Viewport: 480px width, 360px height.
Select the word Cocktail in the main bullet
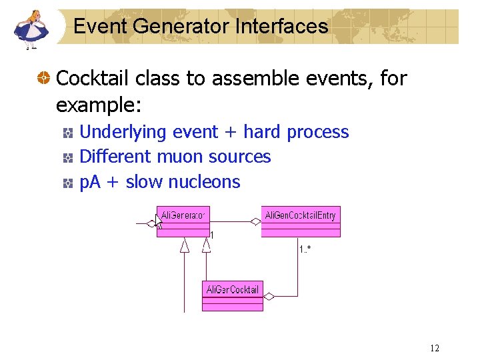93,79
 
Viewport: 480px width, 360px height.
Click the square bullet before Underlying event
68,133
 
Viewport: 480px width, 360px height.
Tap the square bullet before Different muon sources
68,157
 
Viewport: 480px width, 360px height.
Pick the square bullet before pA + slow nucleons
68,183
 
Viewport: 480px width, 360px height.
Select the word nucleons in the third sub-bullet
204,182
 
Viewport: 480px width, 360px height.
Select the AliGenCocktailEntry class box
301,221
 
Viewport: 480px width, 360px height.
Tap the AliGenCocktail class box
233,295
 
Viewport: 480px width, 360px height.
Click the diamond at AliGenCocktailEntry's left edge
255,222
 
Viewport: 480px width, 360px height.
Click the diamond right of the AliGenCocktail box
270,295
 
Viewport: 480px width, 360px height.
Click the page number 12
435,348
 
